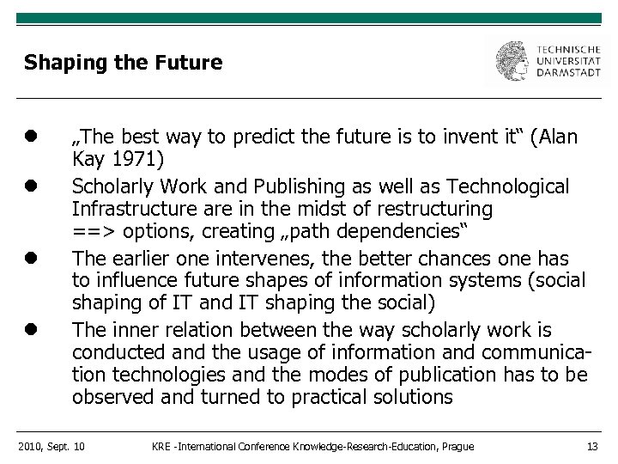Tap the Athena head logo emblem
512,61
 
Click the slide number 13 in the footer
591,445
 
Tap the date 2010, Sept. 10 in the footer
51,445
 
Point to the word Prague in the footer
457,445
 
